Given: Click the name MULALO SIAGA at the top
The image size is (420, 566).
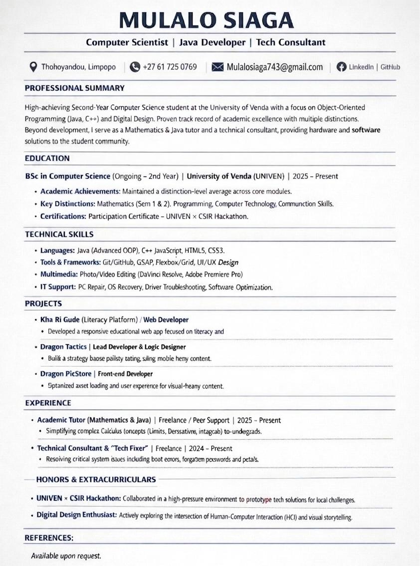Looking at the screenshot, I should (x=206, y=19).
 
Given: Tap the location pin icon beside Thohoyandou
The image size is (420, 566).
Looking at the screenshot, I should (x=33, y=67).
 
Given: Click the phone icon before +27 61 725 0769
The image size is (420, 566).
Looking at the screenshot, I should (x=135, y=67).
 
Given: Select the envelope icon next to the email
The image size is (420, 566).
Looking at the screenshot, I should (x=217, y=67).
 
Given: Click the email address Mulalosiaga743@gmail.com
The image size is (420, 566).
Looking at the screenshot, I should (x=274, y=67).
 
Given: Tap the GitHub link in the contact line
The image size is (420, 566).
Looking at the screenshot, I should (x=390, y=67).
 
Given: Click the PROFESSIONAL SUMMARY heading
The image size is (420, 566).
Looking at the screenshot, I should (x=74, y=88).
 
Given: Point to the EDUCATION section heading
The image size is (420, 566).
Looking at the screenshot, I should (x=47, y=159).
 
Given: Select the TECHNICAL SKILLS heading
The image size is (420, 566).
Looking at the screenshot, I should (x=59, y=234).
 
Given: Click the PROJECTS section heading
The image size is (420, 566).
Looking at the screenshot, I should (x=43, y=303).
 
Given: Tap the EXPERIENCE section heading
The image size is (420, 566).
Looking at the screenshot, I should (x=48, y=403).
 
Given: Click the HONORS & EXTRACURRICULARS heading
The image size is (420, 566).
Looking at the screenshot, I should (x=96, y=480).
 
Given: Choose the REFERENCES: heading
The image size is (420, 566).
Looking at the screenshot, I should (x=49, y=538).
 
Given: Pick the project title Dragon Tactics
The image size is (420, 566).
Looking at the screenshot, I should (x=63, y=346).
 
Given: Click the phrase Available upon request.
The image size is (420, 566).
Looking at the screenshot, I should (x=66, y=556).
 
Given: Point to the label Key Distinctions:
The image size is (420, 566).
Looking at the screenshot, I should (x=67, y=204).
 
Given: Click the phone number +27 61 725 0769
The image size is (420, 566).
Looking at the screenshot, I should (x=170, y=67).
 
